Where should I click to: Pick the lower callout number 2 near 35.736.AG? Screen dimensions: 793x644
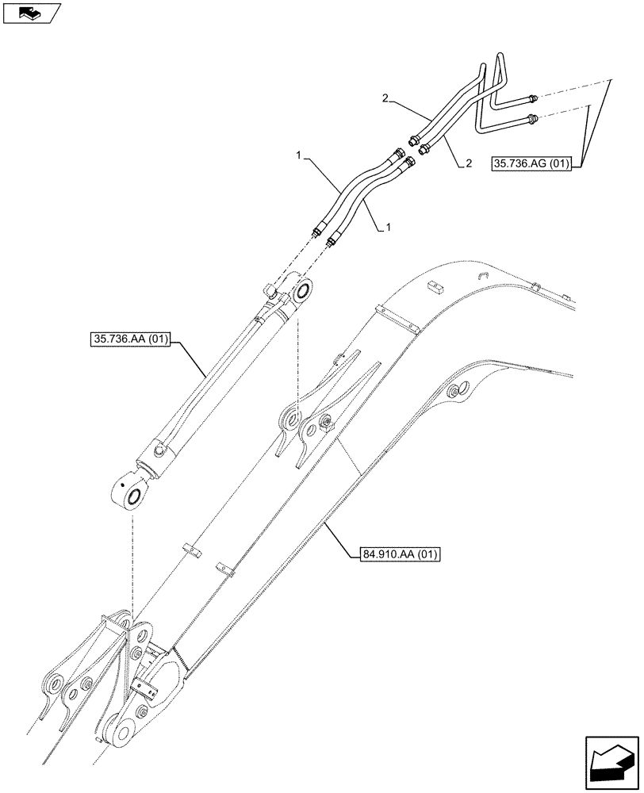coord(469,163)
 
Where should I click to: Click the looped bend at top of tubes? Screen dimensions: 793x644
coord(499,59)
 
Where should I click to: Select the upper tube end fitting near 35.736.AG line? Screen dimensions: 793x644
coord(532,98)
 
